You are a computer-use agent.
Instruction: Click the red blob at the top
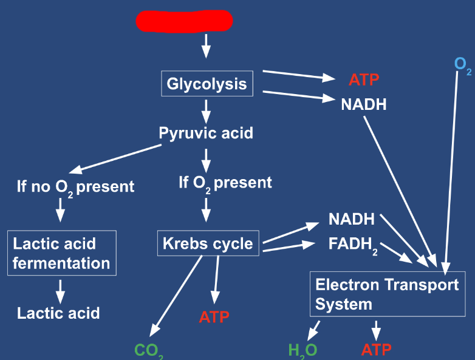click(184, 21)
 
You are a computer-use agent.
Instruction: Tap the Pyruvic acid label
click(206, 133)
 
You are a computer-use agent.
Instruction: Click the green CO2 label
click(149, 352)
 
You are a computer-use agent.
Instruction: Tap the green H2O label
click(302, 352)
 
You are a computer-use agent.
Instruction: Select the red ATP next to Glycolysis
click(364, 80)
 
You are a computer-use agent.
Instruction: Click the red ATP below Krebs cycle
click(214, 317)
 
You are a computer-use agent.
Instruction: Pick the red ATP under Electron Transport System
click(376, 350)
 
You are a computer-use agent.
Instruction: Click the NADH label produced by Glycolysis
click(364, 104)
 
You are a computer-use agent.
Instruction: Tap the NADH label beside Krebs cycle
click(352, 219)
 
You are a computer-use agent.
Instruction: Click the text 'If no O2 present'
click(75, 188)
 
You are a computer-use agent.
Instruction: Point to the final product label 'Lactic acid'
click(58, 313)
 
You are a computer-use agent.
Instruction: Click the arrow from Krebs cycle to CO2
click(176, 296)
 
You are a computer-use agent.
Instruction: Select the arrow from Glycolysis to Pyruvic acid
click(206, 112)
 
